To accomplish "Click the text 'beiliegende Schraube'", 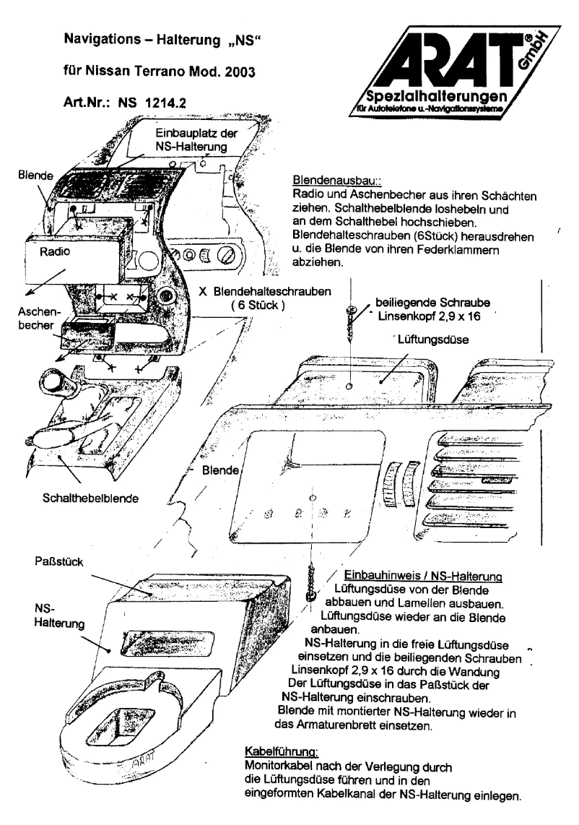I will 424,303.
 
